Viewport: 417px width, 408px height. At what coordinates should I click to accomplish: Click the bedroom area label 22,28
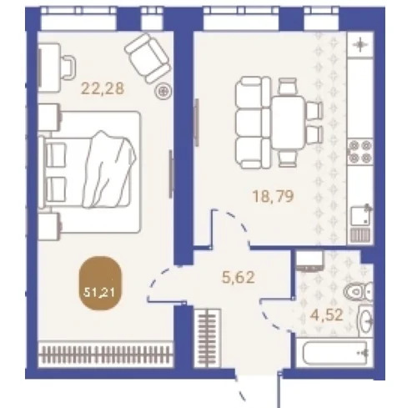coord(103,89)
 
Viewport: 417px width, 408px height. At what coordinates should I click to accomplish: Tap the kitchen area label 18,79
coord(273,196)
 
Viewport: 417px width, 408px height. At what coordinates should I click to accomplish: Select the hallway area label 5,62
coord(239,277)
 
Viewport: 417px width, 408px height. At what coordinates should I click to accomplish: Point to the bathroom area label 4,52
coord(326,315)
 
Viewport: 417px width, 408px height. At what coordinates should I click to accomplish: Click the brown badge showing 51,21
coord(101,283)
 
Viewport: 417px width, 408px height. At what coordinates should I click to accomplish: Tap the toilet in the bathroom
coord(359,291)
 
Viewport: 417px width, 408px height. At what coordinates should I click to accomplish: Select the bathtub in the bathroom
coord(334,353)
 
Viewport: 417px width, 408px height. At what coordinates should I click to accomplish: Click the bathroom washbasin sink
coord(365,321)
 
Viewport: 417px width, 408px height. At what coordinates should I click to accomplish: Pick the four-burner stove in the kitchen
coord(360,152)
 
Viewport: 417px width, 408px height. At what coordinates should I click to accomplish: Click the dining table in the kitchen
coord(289,123)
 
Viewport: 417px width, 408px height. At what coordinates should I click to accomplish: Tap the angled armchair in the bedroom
coord(148,58)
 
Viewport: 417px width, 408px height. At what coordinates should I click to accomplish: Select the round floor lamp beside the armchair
coord(163,91)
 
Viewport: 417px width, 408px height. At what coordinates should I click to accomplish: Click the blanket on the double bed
coord(111,169)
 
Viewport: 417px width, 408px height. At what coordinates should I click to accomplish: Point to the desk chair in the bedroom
coord(68,68)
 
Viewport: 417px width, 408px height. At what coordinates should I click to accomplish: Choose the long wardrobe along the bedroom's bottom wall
coord(105,355)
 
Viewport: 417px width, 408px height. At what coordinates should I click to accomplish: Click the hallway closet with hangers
coord(208,338)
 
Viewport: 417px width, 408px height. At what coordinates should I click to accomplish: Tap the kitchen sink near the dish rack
coord(360,216)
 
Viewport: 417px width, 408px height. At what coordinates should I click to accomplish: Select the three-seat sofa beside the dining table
coord(253,123)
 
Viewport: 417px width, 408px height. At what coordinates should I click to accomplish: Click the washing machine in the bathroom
coord(309,261)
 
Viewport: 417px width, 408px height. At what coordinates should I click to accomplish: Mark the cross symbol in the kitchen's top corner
coord(360,44)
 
